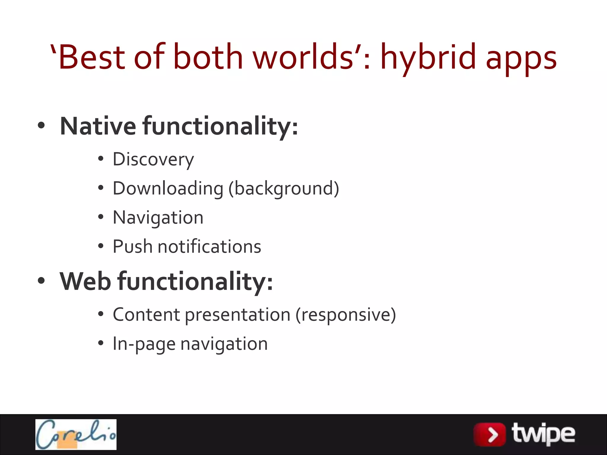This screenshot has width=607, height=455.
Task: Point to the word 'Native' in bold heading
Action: point(98,126)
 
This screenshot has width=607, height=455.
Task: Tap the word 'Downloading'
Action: point(168,189)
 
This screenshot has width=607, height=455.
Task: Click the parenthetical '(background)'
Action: point(284,189)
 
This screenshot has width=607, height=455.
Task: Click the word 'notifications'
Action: point(209,246)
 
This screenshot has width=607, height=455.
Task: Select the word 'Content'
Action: point(146,315)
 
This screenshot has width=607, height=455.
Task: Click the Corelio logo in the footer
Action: point(76,434)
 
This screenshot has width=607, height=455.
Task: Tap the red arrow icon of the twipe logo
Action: point(490,435)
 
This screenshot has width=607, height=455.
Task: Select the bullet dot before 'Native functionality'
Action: point(41,125)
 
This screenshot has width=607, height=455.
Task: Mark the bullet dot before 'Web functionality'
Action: point(41,281)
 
